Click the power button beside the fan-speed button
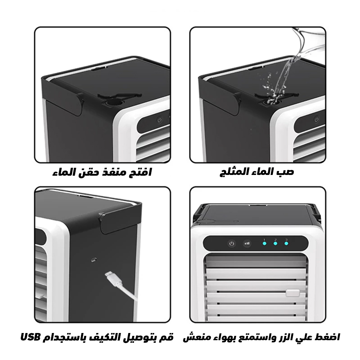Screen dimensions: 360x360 click(x=231, y=244)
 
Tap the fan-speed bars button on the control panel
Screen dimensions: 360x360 click(x=247, y=244)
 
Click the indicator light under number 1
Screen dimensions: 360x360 click(x=264, y=244)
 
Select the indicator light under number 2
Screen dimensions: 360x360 click(x=275, y=244)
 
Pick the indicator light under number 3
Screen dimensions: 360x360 click(x=287, y=244)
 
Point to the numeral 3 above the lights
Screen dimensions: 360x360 click(x=287, y=239)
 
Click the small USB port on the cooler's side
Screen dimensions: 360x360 click(x=94, y=259)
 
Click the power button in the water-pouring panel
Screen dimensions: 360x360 click(x=316, y=119)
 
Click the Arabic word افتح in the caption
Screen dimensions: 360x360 click(x=140, y=172)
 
